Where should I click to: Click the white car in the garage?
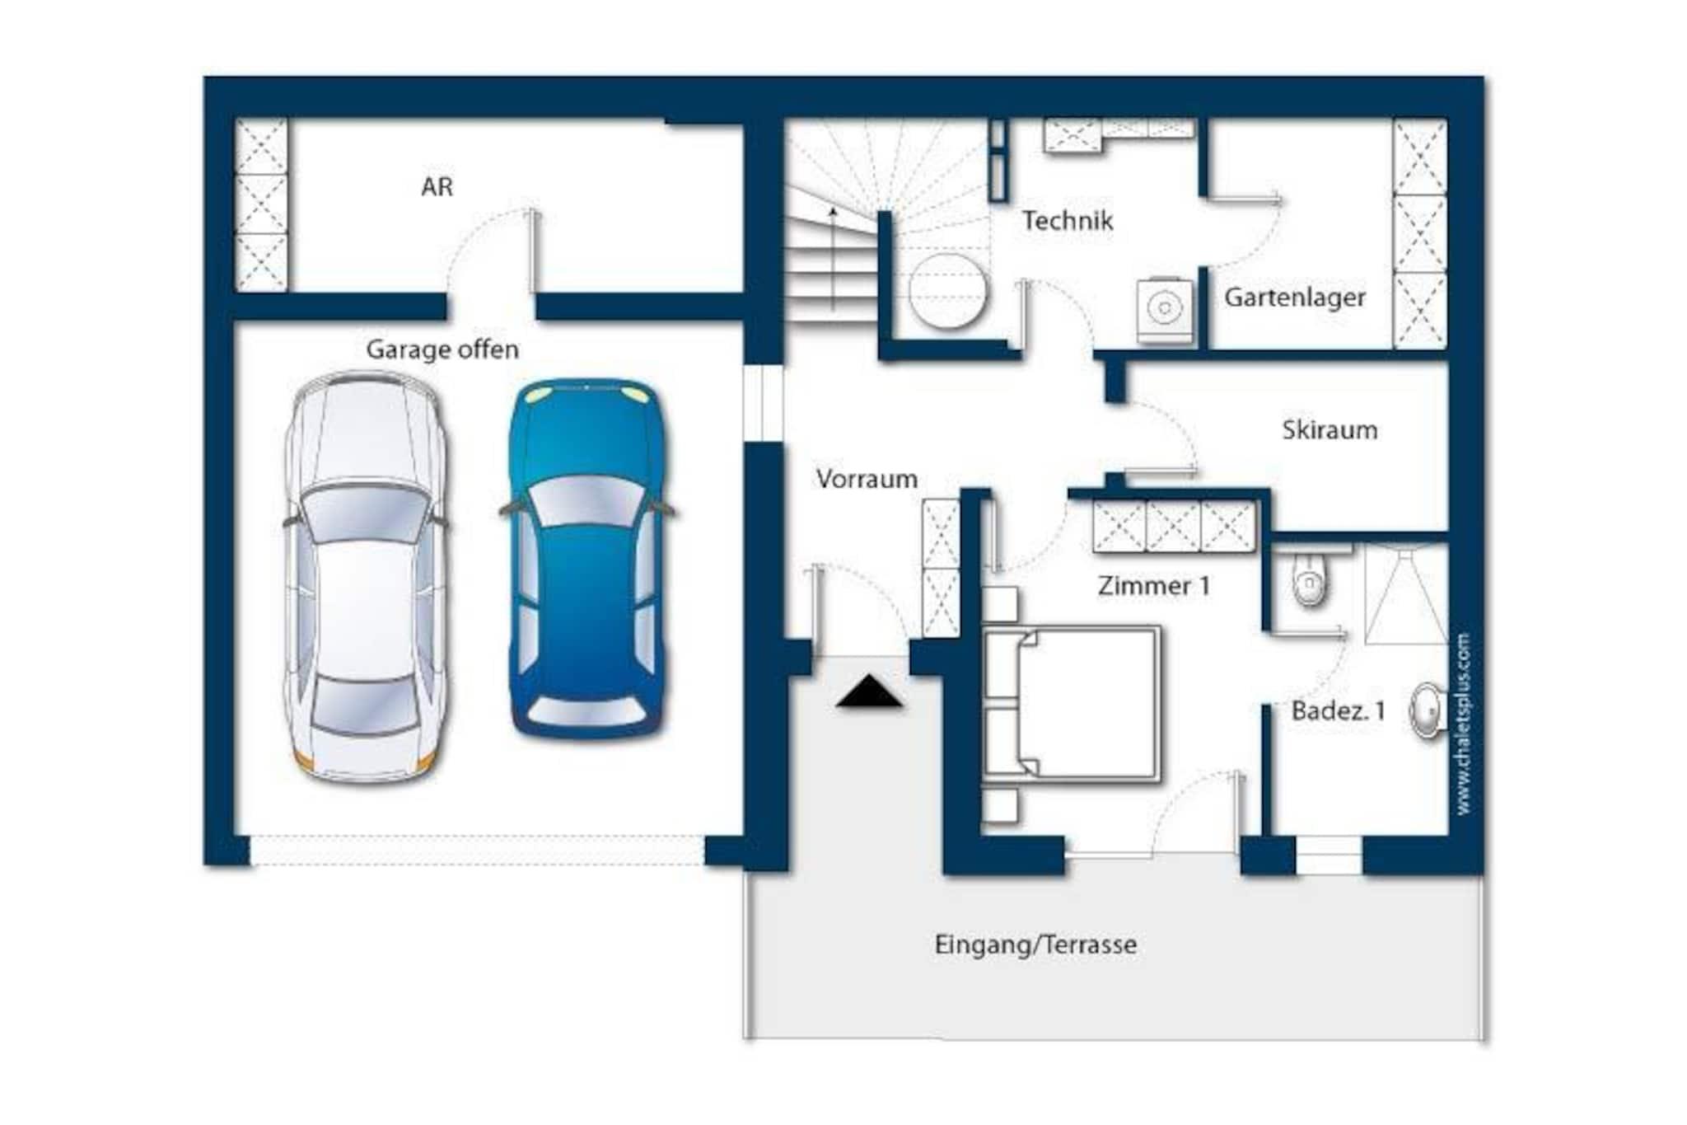[366, 577]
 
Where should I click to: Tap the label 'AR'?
[437, 187]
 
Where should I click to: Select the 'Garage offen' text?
[442, 349]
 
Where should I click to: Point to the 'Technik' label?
[1068, 220]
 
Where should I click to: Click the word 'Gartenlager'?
[1294, 298]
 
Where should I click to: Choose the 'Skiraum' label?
[1330, 429]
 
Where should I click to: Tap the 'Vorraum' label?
[867, 479]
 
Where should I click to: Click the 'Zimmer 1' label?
[1153, 586]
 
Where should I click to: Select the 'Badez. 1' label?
[1338, 710]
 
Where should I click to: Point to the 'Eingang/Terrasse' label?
[1035, 945]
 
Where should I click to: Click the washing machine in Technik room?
[1164, 309]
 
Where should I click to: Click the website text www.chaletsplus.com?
[1463, 724]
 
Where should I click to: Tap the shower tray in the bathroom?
[1405, 593]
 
